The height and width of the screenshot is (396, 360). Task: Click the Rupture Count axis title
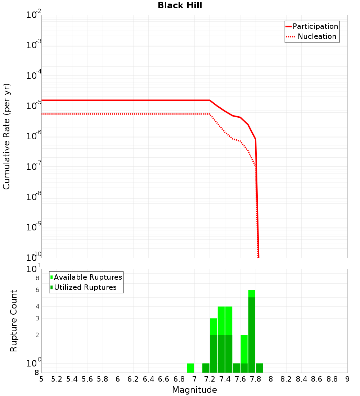(14, 321)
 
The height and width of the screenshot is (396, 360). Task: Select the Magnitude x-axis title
(194, 390)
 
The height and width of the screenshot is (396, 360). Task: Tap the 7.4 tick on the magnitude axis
(225, 379)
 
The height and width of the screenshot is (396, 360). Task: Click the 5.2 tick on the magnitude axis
(57, 379)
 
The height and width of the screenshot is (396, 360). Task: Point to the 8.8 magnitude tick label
(332, 379)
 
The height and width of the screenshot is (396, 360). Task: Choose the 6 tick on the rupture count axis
(37, 290)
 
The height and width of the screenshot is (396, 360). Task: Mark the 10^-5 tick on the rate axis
(34, 106)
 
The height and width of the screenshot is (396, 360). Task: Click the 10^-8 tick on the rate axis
(34, 197)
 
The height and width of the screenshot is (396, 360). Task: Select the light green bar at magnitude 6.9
(190, 368)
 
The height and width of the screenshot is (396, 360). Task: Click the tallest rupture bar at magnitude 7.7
(252, 331)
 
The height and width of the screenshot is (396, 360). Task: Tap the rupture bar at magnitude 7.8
(259, 368)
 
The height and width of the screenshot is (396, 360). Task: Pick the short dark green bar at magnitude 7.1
(206, 368)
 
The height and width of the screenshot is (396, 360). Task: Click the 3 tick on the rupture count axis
(37, 318)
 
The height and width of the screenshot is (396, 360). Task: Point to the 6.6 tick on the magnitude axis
(164, 379)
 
